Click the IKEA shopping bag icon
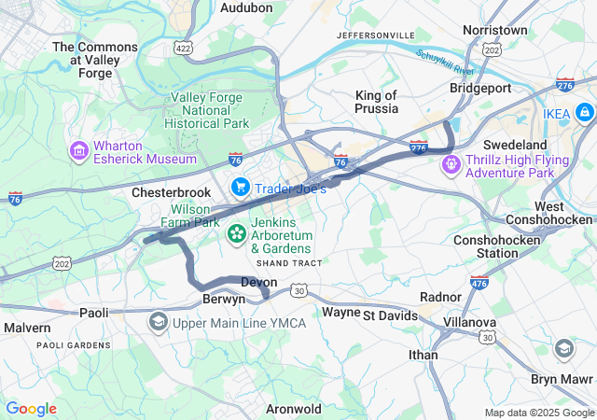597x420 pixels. pyautogui.click(x=584, y=114)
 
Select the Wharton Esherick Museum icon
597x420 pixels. pyautogui.click(x=78, y=150)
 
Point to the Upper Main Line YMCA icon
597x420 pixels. pyautogui.click(x=158, y=322)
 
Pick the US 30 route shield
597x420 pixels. pyautogui.click(x=298, y=291)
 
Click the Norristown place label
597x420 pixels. pyautogui.click(x=495, y=31)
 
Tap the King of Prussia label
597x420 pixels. pyautogui.click(x=377, y=102)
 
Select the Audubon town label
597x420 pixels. pyautogui.click(x=246, y=7)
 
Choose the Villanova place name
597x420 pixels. pyautogui.click(x=469, y=322)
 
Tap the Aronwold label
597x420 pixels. pyautogui.click(x=294, y=409)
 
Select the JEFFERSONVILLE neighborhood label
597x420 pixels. pyautogui.click(x=375, y=35)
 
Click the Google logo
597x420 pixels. pyautogui.click(x=31, y=409)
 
